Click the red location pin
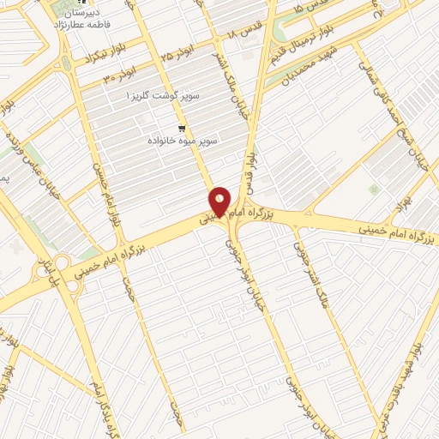point(219,202)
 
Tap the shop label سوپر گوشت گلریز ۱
point(163,96)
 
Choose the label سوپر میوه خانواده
point(183,138)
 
